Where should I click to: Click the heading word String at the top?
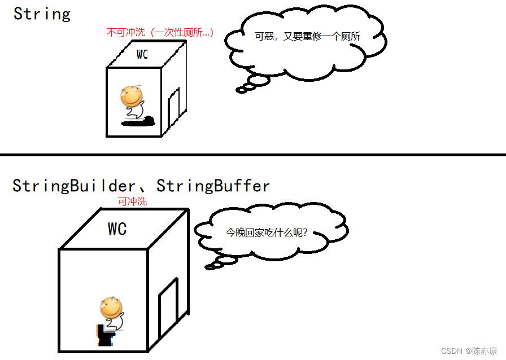[42, 14]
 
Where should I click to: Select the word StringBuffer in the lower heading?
[213, 185]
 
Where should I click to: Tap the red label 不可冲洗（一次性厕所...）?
[160, 33]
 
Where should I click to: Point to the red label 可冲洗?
[132, 201]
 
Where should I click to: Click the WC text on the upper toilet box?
[142, 55]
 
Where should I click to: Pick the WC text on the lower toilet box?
[117, 229]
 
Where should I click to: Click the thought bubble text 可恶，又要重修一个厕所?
[307, 36]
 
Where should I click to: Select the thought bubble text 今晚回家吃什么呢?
[267, 232]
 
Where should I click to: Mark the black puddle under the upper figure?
[138, 121]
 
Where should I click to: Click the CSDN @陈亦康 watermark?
[469, 350]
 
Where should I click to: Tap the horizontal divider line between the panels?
[253, 154]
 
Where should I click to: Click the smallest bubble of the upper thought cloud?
[242, 90]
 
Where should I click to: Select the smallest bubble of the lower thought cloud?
[210, 267]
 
